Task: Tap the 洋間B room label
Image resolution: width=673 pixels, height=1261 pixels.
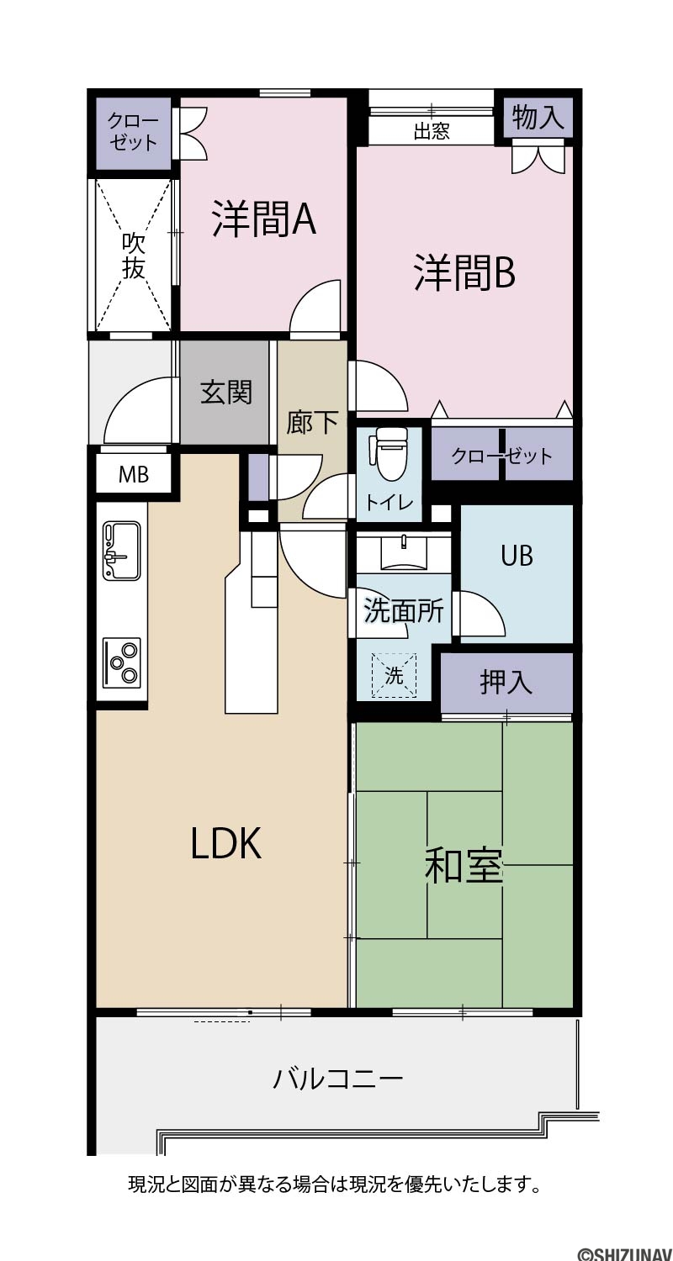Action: [x=464, y=272]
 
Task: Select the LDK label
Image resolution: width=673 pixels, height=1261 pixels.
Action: [x=225, y=843]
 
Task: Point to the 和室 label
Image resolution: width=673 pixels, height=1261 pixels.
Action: [x=463, y=866]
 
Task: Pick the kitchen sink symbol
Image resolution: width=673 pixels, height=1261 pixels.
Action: [x=121, y=551]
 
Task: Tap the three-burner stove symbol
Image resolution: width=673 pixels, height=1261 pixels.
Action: [x=122, y=663]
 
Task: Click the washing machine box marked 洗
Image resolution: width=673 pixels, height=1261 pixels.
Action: [x=394, y=675]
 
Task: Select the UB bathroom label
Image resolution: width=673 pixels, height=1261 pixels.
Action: [x=517, y=557]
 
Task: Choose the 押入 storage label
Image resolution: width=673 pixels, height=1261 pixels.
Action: [x=506, y=683]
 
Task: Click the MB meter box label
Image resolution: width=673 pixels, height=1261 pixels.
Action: [x=134, y=475]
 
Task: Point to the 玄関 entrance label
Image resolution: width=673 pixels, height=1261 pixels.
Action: [x=225, y=393]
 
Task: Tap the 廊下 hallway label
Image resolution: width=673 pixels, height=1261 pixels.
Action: [x=312, y=422]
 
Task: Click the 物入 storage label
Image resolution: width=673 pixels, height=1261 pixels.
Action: [x=538, y=118]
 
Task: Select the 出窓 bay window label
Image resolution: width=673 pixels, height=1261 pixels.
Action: [x=432, y=132]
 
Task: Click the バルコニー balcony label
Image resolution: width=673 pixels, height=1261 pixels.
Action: [x=338, y=1079]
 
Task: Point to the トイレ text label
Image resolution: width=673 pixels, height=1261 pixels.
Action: [x=389, y=502]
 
